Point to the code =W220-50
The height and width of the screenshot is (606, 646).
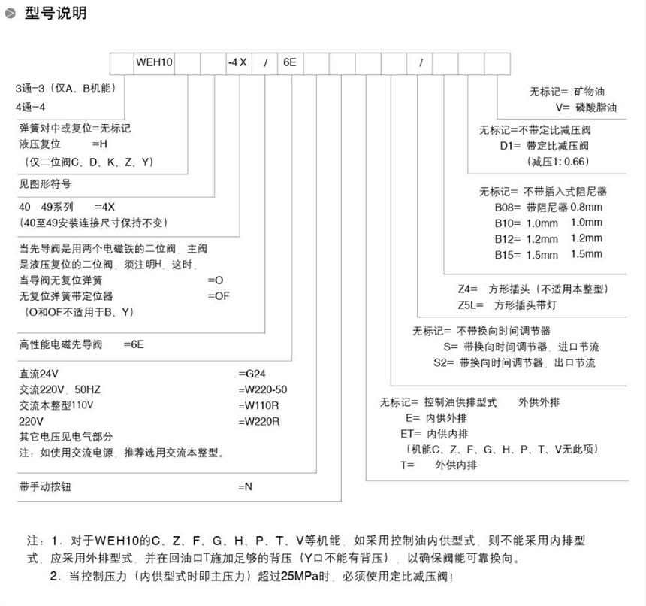coord(262,389)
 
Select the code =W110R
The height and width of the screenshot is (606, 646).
coord(258,405)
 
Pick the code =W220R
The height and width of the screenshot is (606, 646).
coord(258,421)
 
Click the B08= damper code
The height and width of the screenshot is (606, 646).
coord(509,207)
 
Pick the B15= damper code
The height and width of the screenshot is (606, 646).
coord(509,255)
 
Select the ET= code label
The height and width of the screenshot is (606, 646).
coord(412,433)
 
